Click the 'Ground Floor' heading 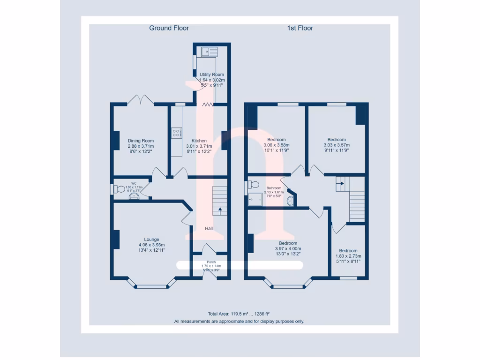(x=169, y=28)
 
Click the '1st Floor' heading (x=300, y=28)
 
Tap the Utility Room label (x=211, y=75)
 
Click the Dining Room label (x=141, y=141)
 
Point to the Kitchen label (x=199, y=141)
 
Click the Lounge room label (x=151, y=239)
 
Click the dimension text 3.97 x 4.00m (x=288, y=248)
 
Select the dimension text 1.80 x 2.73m (x=348, y=256)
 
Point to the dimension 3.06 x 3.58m (x=276, y=145)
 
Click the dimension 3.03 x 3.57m (x=336, y=145)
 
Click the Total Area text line (x=239, y=314)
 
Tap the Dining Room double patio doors (x=141, y=100)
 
